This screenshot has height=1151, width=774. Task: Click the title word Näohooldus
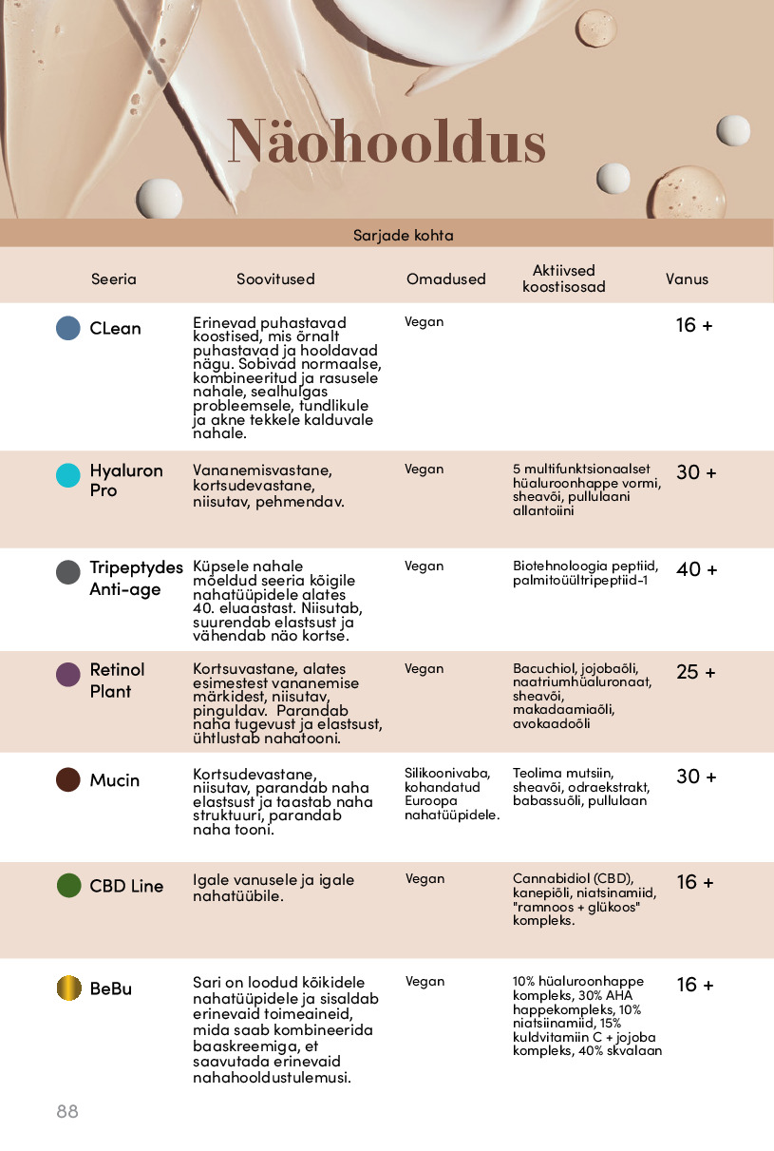coord(387,143)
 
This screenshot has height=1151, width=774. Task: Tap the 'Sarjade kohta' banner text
coord(403,235)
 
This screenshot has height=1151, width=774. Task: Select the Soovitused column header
coord(275,279)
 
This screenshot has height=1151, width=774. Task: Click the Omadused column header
coord(445,279)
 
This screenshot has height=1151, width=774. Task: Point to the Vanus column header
coord(687,279)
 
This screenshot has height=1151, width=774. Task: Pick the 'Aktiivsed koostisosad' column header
coord(563,279)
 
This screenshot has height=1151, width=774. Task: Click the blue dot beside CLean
coord(68,328)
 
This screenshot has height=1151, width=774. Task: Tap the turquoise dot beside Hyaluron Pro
coord(68,475)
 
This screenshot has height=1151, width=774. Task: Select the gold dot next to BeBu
coord(68,988)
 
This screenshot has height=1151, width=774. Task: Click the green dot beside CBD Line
coord(68,886)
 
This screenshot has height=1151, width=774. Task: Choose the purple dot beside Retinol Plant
coord(68,675)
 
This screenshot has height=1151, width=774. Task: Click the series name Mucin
coord(114,780)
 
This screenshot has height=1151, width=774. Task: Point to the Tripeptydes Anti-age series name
coord(136,578)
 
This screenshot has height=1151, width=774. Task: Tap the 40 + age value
coord(696,569)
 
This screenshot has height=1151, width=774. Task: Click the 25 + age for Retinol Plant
coord(696,672)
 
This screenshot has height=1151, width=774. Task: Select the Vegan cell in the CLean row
coord(424,322)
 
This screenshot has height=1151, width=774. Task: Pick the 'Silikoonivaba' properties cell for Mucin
coord(451,794)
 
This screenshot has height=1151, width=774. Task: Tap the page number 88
coord(67,1111)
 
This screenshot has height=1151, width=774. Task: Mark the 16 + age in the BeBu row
coord(696,985)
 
